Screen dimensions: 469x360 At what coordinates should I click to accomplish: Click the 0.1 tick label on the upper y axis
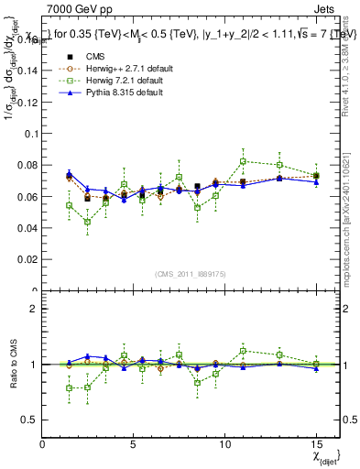(31, 134)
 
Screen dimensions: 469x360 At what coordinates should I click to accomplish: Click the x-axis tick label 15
(316, 444)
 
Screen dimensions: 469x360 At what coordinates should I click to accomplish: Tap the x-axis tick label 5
(134, 444)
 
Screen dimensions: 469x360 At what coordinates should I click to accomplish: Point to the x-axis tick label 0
(43, 444)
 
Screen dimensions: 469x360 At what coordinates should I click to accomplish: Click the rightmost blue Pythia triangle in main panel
(316, 181)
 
